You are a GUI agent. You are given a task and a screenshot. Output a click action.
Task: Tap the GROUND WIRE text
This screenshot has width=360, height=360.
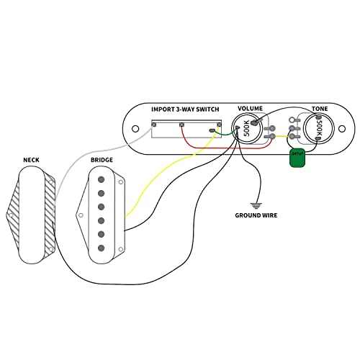(256, 215)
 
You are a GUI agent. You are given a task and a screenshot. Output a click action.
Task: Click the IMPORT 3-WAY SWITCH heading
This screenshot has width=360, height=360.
(185, 109)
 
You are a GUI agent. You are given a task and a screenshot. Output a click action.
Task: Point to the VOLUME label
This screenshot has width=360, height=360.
(251, 109)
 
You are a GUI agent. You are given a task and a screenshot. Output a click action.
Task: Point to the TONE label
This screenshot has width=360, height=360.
(320, 109)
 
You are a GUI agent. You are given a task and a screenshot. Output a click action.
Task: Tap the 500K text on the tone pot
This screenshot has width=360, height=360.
(318, 129)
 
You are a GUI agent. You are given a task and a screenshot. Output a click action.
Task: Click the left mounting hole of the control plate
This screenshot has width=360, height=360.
(135, 128)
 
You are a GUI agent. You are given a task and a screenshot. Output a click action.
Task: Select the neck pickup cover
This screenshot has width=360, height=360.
(32, 213)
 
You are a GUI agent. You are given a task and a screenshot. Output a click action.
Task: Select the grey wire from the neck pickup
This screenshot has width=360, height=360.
(79, 158)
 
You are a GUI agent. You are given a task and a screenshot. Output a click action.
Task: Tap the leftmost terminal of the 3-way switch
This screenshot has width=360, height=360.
(154, 125)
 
